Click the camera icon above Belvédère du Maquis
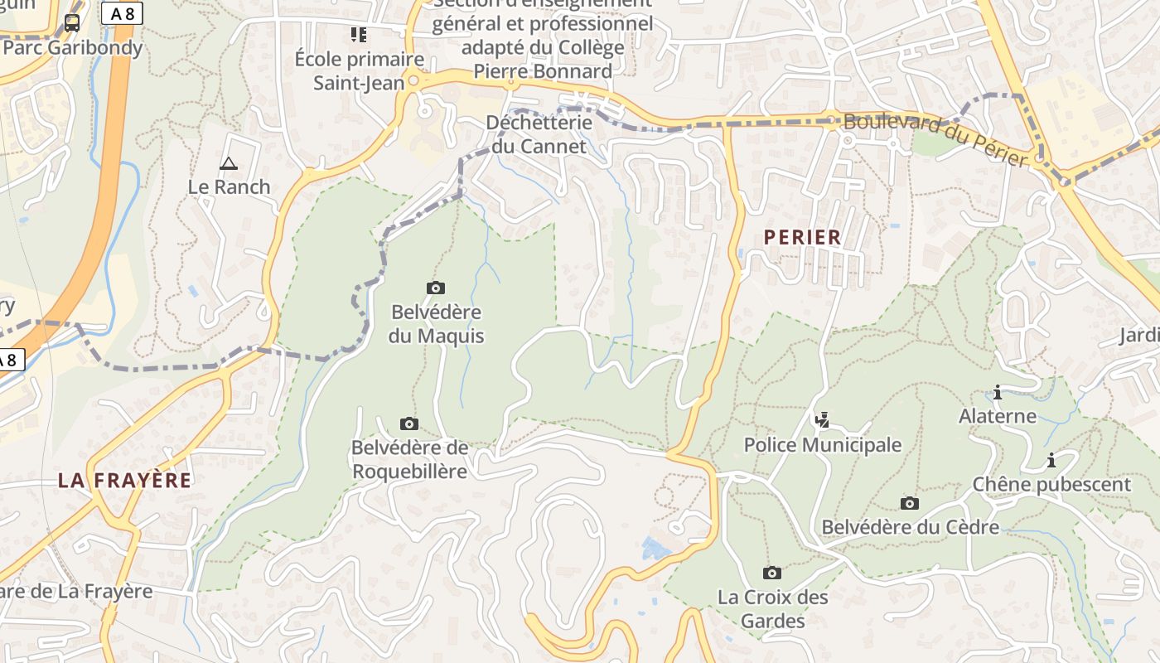point(436,288)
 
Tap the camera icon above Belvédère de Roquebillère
point(409,423)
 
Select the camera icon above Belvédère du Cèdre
point(910,503)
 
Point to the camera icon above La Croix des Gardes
point(772,573)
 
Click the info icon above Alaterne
point(998,392)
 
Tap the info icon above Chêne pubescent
point(1051,460)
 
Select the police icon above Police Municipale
point(822,420)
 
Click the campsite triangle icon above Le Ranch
point(229,163)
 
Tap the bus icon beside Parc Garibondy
point(72,23)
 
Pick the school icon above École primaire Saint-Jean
point(359,35)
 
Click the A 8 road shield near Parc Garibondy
point(122,13)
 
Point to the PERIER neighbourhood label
point(802,237)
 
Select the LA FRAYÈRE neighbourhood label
point(124,480)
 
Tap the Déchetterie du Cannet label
point(539,134)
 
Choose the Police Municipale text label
point(822,445)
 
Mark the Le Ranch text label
point(230,186)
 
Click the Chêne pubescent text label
point(1051,484)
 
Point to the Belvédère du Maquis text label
point(436,324)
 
